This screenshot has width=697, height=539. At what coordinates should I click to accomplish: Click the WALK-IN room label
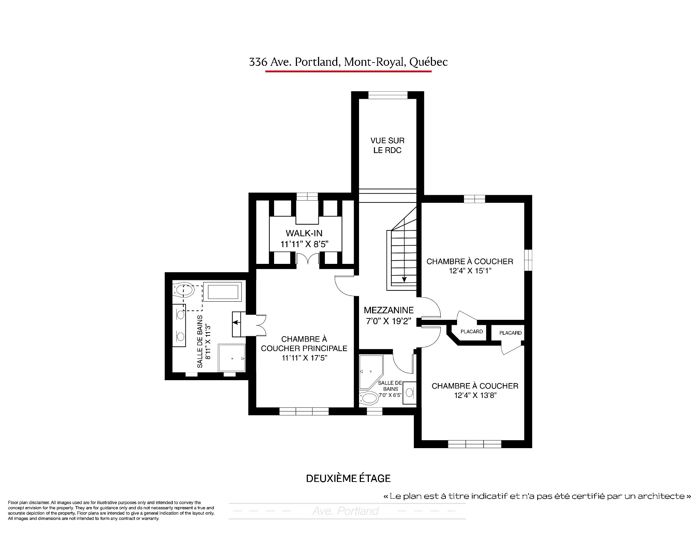pos(304,233)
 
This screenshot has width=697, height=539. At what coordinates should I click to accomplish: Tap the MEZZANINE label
pos(388,310)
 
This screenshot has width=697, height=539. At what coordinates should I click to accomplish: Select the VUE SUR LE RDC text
pos(387,145)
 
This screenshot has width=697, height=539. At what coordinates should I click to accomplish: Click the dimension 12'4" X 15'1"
pos(470,271)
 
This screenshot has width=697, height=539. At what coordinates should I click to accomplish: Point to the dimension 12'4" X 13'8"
pos(475,395)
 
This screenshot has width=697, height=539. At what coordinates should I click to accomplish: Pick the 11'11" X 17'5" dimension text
pos(305,358)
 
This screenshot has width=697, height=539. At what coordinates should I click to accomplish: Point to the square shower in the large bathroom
pos(232,358)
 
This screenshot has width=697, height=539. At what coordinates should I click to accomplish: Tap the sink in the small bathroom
pos(409,392)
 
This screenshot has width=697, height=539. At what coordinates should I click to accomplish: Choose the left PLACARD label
pos(472,331)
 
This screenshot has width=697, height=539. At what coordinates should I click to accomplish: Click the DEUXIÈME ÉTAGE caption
pos(348,478)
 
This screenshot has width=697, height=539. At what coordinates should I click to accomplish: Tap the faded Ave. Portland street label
pos(345,511)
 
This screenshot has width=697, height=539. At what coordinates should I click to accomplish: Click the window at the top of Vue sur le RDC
pos(388,95)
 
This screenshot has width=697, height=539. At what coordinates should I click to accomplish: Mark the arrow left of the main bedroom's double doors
pos(236,322)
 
